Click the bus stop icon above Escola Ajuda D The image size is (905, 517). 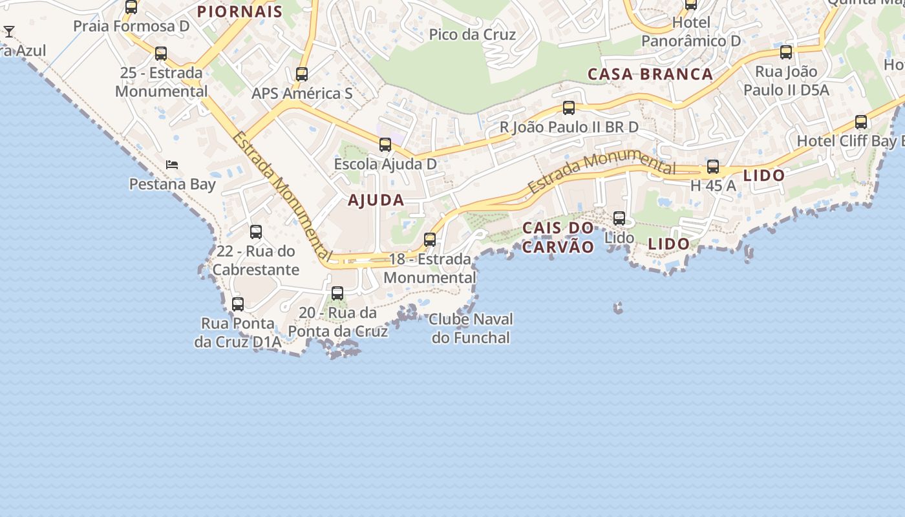(385, 145)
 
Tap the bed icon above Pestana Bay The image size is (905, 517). (172, 165)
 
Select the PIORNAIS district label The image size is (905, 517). (240, 12)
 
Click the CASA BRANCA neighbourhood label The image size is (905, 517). (650, 74)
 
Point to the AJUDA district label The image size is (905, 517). (376, 200)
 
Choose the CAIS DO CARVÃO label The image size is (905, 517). (558, 237)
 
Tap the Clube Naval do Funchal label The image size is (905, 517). (471, 328)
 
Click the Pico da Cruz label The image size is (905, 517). (473, 35)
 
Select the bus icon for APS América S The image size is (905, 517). (302, 74)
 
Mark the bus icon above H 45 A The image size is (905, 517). (713, 167)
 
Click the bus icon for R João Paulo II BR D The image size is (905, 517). (569, 108)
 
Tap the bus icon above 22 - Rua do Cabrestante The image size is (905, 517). (256, 232)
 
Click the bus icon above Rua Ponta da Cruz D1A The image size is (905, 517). (238, 304)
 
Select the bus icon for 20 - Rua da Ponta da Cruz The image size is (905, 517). (337, 293)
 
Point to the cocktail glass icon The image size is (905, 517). (9, 31)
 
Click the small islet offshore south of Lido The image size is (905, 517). (618, 308)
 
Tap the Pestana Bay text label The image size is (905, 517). (172, 185)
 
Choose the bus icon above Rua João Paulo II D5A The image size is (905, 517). (786, 52)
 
